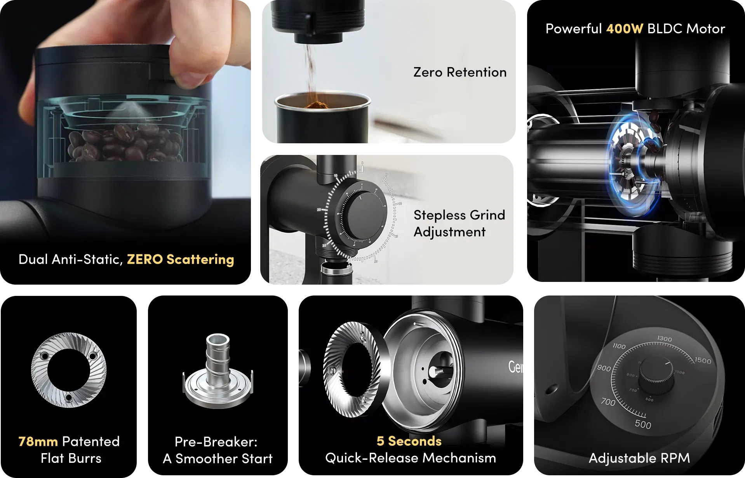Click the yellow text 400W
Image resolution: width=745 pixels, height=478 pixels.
point(624,29)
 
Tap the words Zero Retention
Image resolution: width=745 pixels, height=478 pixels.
point(460,72)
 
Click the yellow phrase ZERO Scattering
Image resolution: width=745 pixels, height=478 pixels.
point(180,259)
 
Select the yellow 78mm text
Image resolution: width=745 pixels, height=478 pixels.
point(38,441)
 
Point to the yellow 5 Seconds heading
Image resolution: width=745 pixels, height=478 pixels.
point(409,441)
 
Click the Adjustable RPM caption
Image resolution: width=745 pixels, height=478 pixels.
point(639,458)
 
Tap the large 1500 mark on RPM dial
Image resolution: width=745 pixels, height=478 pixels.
point(703,360)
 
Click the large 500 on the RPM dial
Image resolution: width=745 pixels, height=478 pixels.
point(643,424)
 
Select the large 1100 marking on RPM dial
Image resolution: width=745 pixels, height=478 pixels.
point(619,346)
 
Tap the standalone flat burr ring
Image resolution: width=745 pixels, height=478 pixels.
point(69,370)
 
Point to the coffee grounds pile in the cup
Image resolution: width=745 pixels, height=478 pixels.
point(317,105)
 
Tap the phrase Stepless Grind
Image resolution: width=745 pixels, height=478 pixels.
point(459,215)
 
